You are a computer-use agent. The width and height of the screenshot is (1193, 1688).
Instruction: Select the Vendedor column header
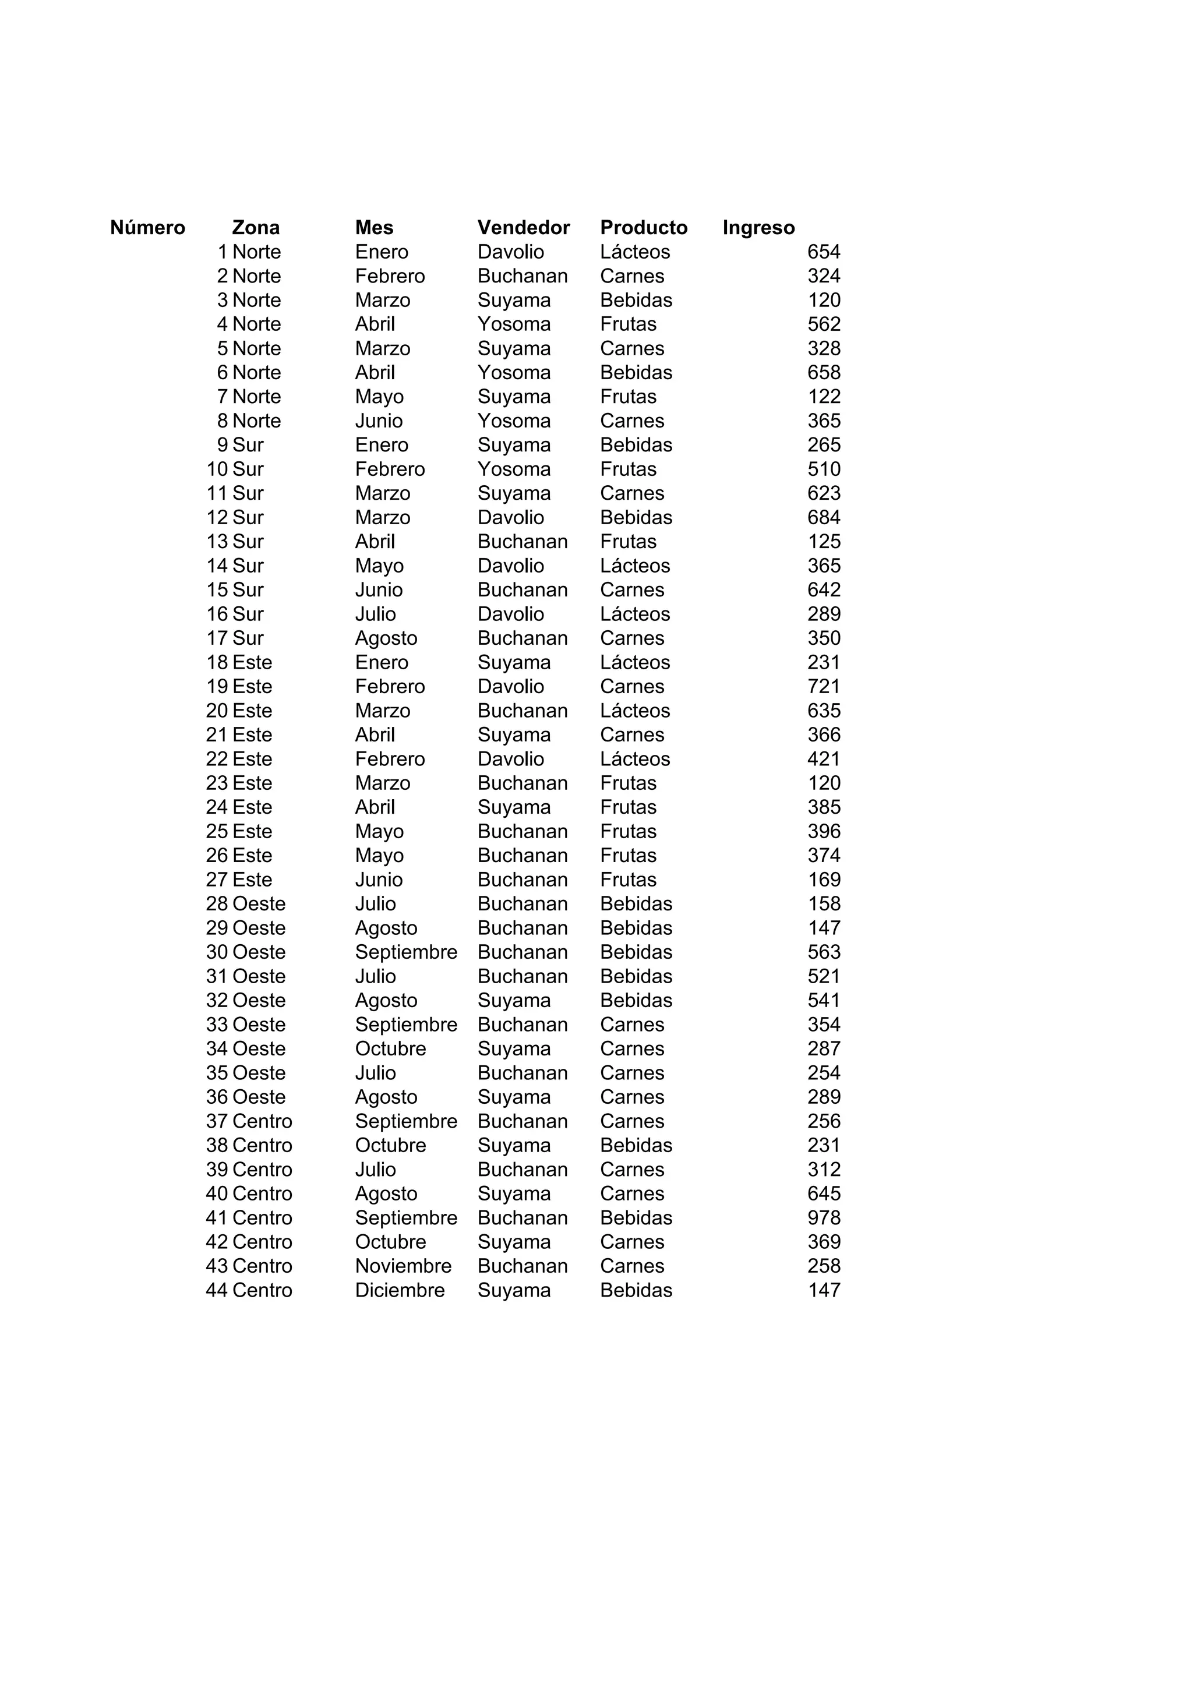click(x=523, y=228)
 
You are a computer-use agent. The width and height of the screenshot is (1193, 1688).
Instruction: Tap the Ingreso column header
click(x=758, y=228)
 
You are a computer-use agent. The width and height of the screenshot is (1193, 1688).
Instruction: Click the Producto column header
click(x=643, y=228)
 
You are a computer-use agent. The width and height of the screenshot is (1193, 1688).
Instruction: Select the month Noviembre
click(x=403, y=1266)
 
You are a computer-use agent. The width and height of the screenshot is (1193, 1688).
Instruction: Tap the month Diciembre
click(x=399, y=1290)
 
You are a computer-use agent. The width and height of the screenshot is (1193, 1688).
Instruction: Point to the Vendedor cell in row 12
click(x=510, y=518)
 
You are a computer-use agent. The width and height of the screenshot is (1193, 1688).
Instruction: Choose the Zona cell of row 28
click(x=259, y=904)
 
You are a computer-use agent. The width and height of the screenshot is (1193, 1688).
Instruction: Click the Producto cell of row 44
click(x=636, y=1290)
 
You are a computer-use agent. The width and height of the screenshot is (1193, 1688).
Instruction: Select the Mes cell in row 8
click(x=379, y=421)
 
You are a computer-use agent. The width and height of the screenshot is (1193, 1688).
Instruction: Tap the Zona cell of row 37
click(x=262, y=1121)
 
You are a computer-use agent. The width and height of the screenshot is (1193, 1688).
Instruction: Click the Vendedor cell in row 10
click(x=514, y=469)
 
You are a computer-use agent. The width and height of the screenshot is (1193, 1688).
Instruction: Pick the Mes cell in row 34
click(x=390, y=1049)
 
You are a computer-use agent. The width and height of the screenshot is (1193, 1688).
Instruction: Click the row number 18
click(x=217, y=662)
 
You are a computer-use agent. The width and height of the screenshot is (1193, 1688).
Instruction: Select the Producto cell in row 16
click(x=634, y=614)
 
